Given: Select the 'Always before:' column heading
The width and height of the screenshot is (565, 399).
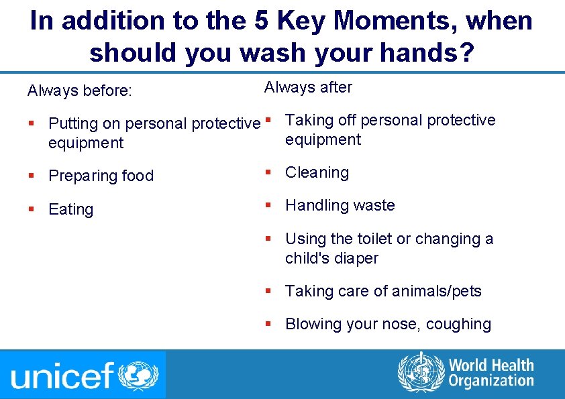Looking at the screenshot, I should tap(79, 91).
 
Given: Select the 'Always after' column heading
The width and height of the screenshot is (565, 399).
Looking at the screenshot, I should tap(308, 87).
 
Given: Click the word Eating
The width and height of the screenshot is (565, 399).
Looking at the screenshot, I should tap(71, 209).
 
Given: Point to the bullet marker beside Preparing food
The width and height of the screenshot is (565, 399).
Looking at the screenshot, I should tap(32, 176).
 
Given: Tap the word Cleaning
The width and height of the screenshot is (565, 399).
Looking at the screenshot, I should tap(317, 172).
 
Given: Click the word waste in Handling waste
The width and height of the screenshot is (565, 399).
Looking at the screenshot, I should tap(373, 205).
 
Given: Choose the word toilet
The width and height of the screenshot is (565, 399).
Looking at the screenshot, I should tap(376, 239).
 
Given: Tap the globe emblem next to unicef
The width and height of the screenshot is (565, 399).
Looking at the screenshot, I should tap(139, 375).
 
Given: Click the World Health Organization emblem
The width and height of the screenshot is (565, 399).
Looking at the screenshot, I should tap(421, 372).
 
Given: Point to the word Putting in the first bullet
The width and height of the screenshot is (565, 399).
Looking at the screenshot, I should tap(70, 123).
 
